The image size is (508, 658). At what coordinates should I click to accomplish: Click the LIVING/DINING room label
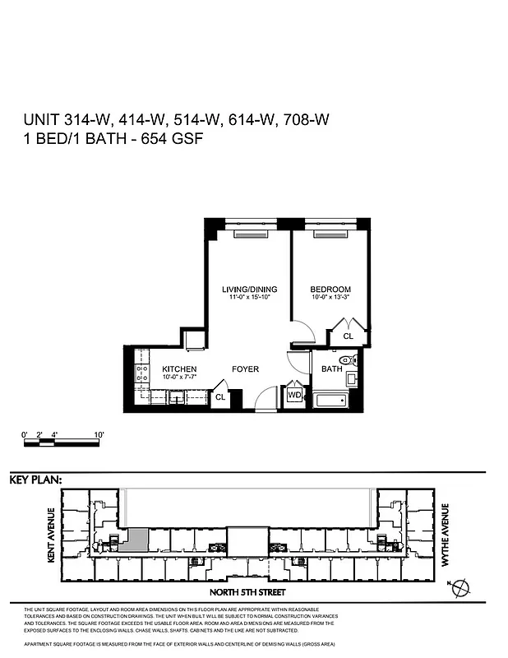[249, 290]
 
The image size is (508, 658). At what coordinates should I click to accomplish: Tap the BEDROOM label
[330, 290]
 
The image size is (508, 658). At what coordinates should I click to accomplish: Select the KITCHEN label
[178, 369]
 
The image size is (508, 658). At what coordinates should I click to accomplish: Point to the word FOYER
[244, 369]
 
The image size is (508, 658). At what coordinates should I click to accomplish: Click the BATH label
[331, 369]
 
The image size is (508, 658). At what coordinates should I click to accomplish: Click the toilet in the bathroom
[348, 360]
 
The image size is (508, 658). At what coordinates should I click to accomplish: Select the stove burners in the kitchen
[141, 375]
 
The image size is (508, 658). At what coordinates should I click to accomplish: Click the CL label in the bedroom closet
[348, 336]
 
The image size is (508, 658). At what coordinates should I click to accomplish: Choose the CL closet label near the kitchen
[219, 397]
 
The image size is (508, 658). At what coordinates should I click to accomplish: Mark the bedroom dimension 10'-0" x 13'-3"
[330, 298]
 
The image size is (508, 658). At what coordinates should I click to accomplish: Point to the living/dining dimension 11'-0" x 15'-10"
[249, 298]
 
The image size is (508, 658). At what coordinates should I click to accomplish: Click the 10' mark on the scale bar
[99, 433]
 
